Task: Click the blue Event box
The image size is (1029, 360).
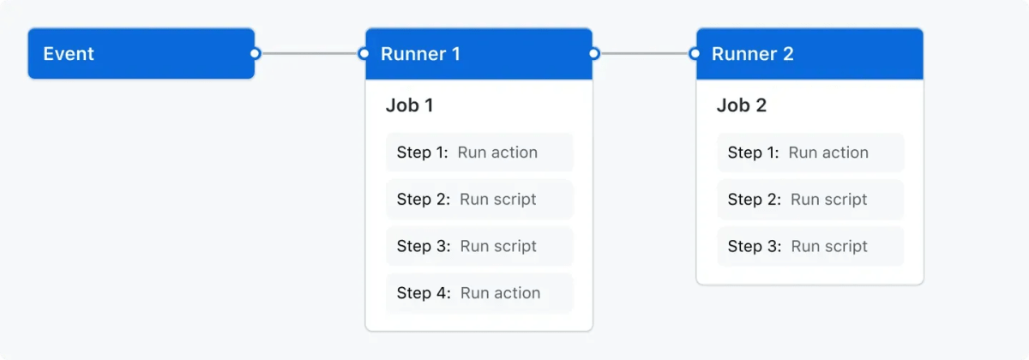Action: tap(141, 53)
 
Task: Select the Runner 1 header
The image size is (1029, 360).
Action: tap(478, 53)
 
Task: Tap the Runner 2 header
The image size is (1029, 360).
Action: tap(809, 53)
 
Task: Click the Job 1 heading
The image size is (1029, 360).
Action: tap(409, 105)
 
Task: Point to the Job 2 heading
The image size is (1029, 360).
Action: tap(741, 105)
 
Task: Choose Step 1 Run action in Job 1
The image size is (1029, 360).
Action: tap(478, 153)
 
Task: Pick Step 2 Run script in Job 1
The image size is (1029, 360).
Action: tap(478, 200)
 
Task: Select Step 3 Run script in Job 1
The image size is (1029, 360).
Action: tap(478, 247)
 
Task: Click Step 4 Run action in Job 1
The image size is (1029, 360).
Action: tap(478, 293)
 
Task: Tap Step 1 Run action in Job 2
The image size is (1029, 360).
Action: tap(809, 153)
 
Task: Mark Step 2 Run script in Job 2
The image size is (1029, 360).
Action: tap(809, 200)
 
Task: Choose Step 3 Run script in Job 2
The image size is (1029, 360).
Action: tap(809, 247)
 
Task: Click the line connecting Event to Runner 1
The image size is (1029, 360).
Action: tap(309, 53)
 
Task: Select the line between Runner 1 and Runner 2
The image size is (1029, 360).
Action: tap(644, 53)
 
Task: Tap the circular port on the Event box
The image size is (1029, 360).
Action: tap(255, 53)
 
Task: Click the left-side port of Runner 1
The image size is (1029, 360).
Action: tap(364, 53)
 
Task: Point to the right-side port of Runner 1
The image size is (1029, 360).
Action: tap(593, 53)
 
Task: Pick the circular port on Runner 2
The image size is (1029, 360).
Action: tap(695, 53)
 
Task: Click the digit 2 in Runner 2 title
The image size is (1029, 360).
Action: tap(787, 54)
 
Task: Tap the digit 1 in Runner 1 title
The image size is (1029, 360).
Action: tap(455, 54)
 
